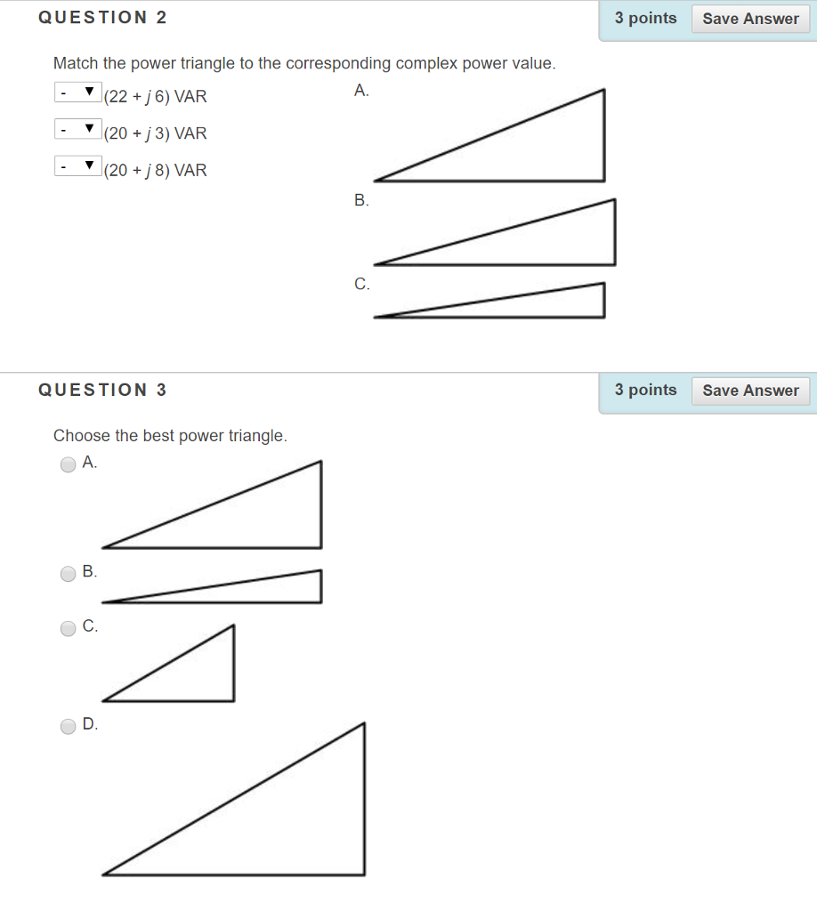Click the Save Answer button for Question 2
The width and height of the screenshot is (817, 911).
(750, 19)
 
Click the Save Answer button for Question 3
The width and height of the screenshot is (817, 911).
(750, 391)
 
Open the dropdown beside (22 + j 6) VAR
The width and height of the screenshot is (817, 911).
(77, 93)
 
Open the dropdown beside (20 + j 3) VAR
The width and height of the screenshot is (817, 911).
(77, 130)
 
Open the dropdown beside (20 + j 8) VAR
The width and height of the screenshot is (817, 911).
(77, 166)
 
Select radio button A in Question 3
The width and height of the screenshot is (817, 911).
(69, 464)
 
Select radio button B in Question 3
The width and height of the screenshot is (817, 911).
(69, 574)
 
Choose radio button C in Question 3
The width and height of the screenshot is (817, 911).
(69, 629)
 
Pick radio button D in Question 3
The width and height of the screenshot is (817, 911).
(69, 727)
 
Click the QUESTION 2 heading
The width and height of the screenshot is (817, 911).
(102, 18)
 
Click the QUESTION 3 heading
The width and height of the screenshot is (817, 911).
(102, 390)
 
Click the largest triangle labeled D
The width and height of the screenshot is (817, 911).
(294, 827)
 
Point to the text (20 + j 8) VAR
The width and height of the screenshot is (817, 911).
(156, 171)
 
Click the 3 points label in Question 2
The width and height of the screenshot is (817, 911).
(645, 19)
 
